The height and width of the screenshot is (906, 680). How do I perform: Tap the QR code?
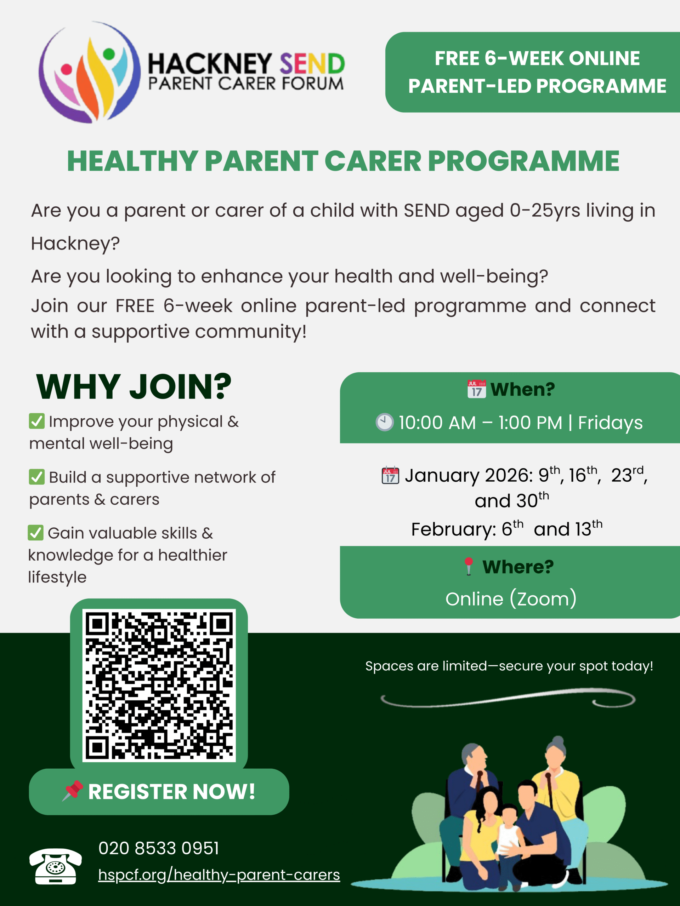(x=159, y=685)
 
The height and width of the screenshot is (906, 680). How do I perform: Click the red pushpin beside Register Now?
(x=73, y=791)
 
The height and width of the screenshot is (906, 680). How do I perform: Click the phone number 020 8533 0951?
(x=159, y=848)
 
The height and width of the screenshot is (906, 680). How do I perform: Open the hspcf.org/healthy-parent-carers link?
(x=219, y=875)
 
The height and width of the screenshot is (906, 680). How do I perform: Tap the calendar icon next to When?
(x=476, y=389)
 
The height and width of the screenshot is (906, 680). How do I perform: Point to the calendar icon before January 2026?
(x=390, y=476)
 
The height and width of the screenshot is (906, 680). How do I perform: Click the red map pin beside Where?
(x=469, y=567)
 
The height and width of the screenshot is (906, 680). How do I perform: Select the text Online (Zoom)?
(x=511, y=599)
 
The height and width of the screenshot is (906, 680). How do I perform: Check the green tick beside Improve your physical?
(x=37, y=421)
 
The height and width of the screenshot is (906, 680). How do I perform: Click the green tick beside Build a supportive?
(x=37, y=477)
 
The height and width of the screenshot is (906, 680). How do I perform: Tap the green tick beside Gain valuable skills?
(x=36, y=533)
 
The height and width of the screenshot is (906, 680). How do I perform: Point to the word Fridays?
(x=610, y=423)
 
